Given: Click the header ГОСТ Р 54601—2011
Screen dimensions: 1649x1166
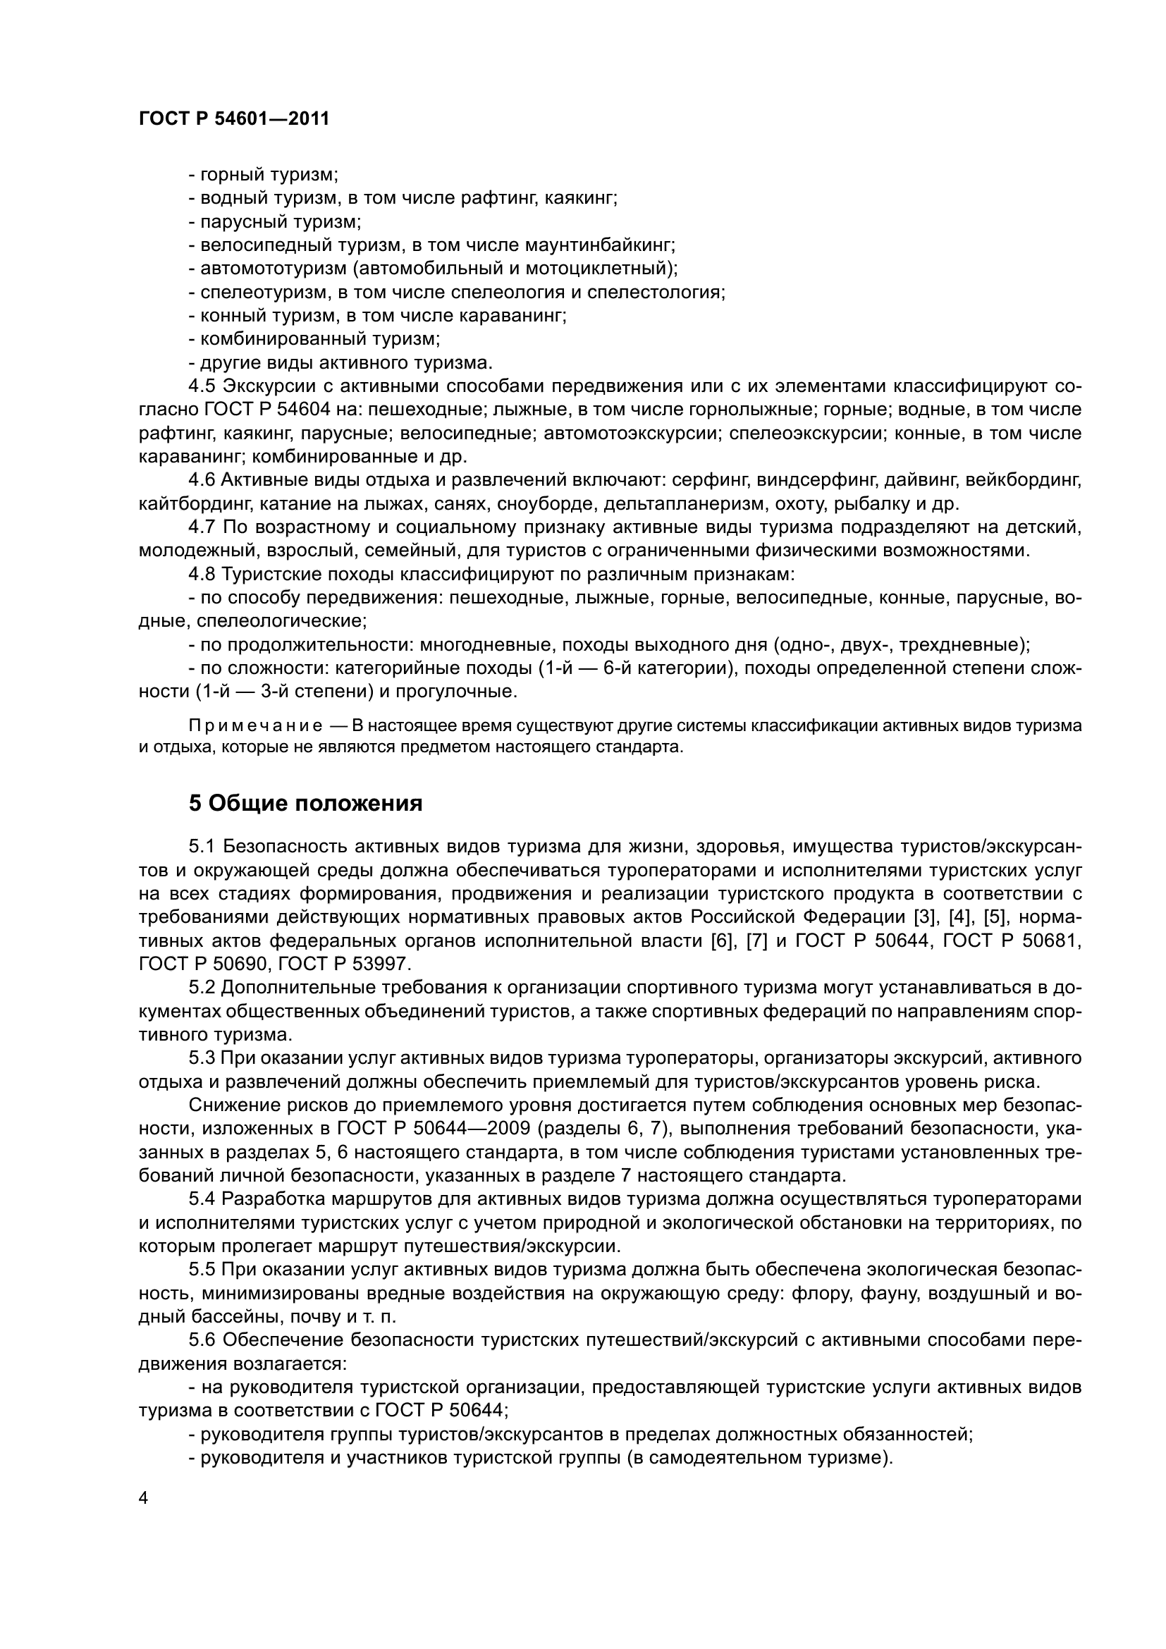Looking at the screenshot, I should [233, 119].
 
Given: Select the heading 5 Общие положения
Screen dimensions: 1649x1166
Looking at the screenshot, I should [305, 803].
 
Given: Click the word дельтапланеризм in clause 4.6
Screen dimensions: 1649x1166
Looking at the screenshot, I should [692, 503].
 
